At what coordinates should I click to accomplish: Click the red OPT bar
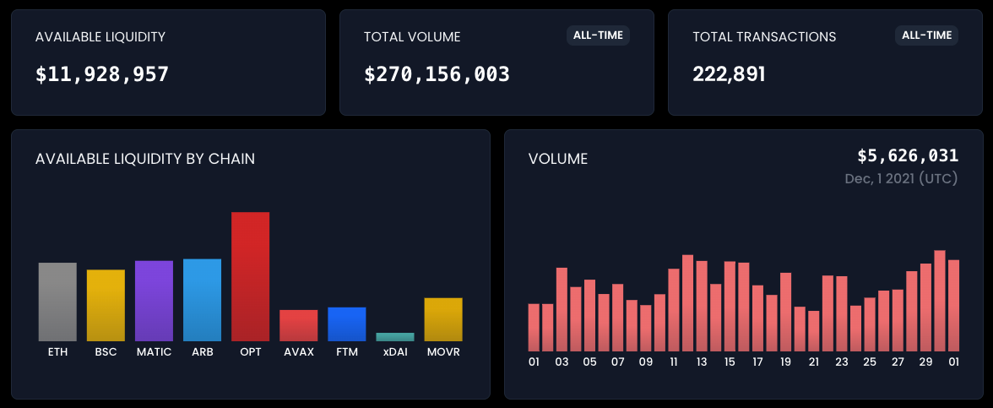point(250,276)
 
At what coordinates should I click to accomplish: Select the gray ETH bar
point(57,302)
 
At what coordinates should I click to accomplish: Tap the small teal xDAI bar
point(395,337)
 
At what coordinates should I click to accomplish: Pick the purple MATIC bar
point(154,301)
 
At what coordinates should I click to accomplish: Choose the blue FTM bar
point(347,324)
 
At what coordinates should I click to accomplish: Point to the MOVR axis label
point(443,352)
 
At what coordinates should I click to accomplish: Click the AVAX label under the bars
point(299,352)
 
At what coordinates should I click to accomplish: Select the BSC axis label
point(106,352)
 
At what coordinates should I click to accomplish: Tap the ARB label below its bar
point(202,352)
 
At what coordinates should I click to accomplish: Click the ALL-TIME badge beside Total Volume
point(598,35)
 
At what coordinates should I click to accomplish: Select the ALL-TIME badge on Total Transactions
point(926,35)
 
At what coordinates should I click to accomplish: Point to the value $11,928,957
point(102,74)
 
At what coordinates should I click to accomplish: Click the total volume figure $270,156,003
point(437,74)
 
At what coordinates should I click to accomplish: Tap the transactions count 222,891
point(729,74)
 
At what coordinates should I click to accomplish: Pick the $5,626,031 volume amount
point(908,155)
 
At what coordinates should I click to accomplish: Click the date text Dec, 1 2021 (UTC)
point(901,179)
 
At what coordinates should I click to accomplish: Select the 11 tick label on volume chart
point(674,362)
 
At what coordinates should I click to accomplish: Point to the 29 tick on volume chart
point(925,362)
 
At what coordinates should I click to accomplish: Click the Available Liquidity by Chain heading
point(145,159)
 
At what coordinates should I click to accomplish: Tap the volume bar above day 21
point(813,331)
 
